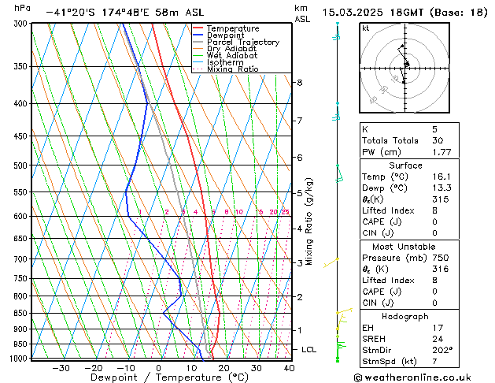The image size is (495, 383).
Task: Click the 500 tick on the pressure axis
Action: coord(20,165)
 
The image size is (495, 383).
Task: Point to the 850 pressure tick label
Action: coord(20,313)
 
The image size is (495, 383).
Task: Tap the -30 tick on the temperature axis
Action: coord(61,367)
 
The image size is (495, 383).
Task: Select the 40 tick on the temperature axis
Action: coord(289,367)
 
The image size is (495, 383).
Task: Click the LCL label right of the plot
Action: coord(309,349)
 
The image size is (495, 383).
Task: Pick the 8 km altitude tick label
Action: coord(299,82)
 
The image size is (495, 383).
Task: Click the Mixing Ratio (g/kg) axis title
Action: coord(309,221)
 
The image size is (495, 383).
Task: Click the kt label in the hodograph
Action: coord(365,28)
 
